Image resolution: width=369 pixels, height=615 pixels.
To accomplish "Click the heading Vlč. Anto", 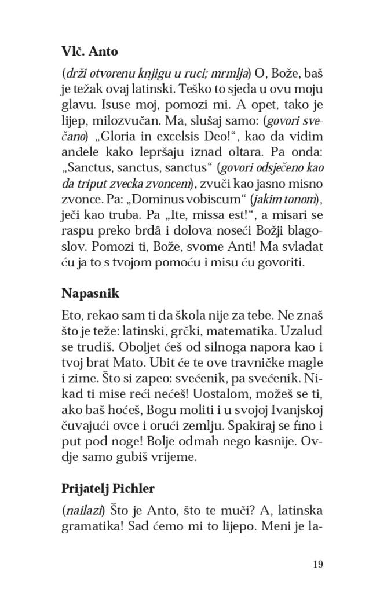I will click(89, 52).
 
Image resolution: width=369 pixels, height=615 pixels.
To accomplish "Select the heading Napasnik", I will click(90, 293).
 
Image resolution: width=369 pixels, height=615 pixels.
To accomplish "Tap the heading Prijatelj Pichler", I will click(108, 488).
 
